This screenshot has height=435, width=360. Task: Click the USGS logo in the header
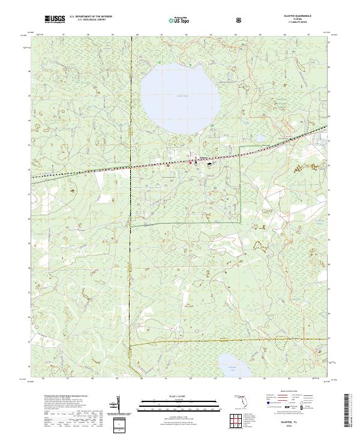click(x=55, y=20)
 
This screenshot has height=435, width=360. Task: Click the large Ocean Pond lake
click(x=180, y=96)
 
